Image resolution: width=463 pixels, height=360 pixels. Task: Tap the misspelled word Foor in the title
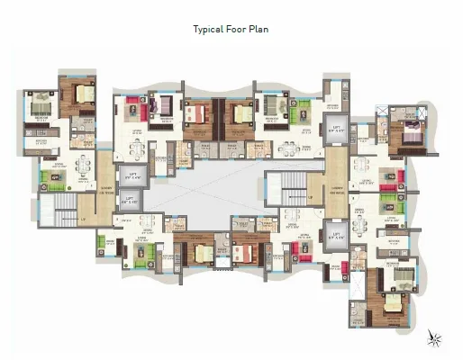point(238,29)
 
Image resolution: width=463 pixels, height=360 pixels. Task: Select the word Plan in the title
point(259,29)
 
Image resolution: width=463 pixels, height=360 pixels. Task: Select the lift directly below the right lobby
point(335,238)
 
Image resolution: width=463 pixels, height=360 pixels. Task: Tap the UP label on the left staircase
point(82,219)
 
